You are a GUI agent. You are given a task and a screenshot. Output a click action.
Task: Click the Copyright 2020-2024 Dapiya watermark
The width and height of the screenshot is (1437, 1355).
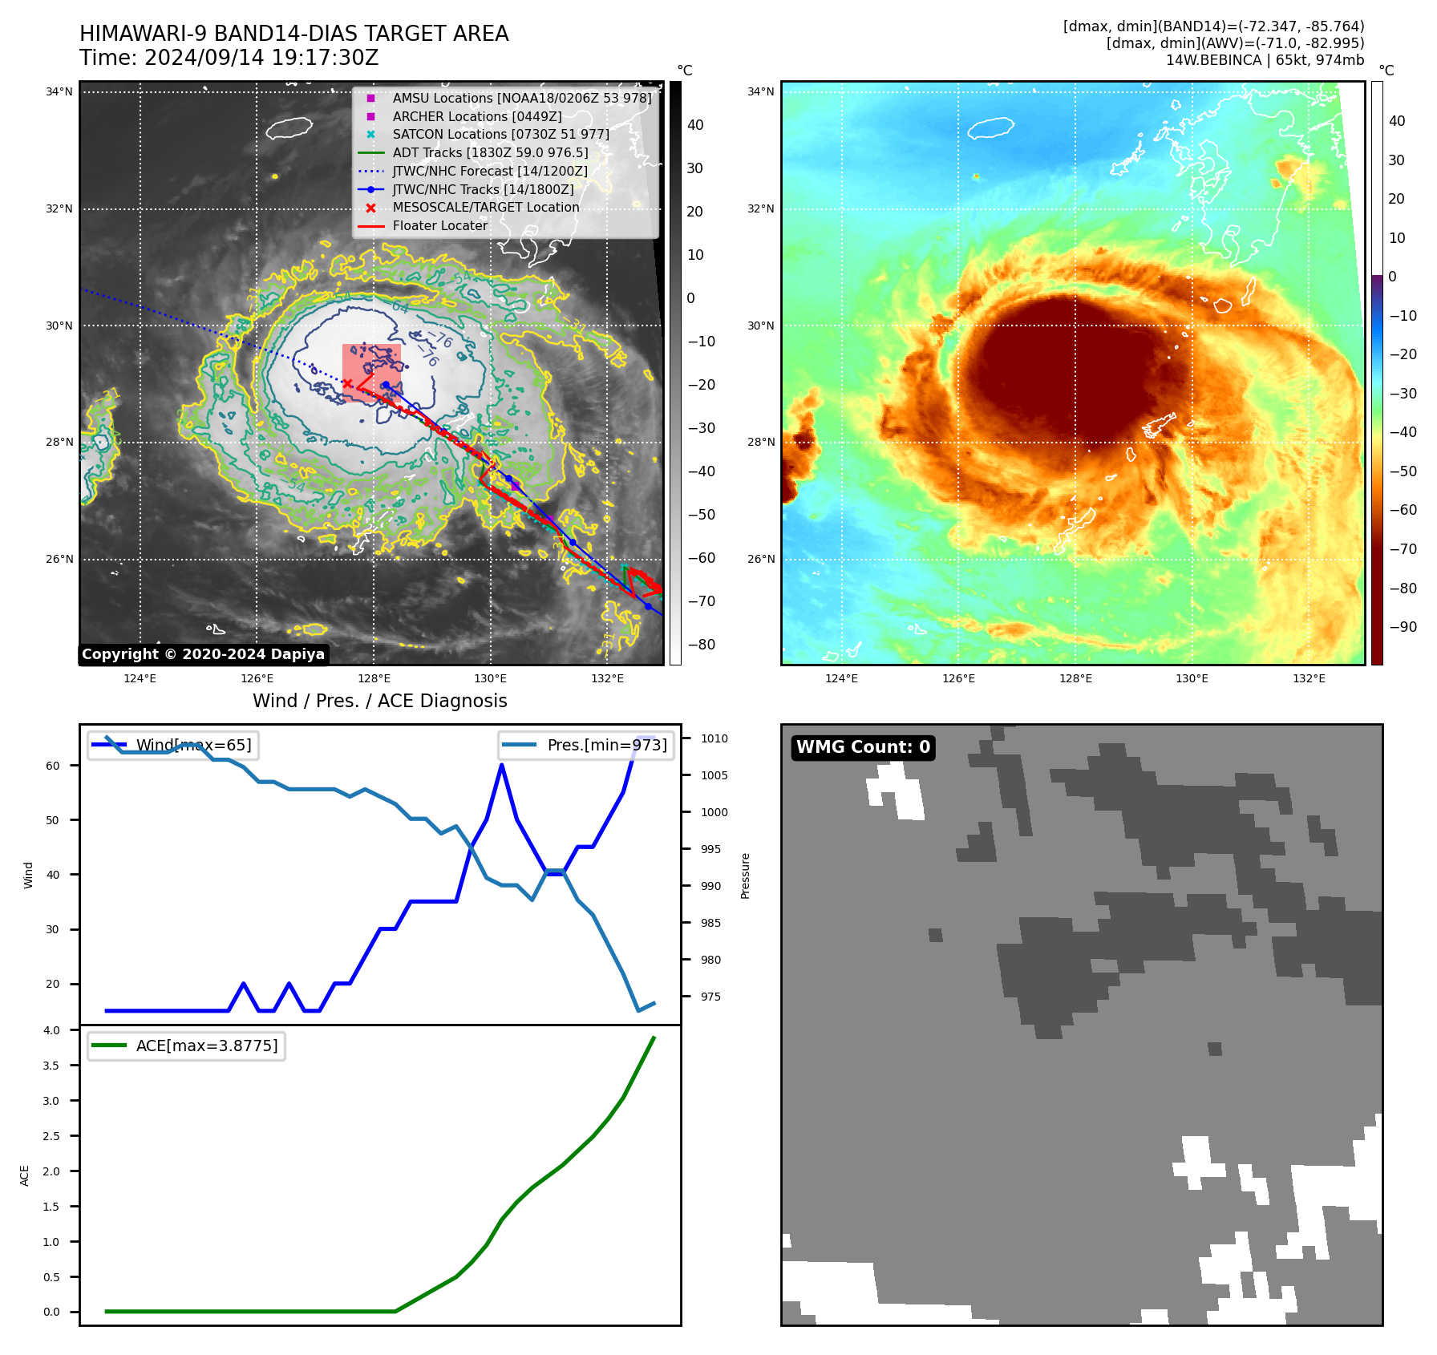click(x=203, y=654)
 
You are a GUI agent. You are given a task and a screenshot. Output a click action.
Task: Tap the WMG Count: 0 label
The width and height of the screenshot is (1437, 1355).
click(x=863, y=747)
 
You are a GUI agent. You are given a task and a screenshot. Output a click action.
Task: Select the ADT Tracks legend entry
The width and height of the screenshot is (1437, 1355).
click(x=490, y=152)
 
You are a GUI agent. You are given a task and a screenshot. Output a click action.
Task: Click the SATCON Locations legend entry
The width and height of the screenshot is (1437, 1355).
click(x=500, y=134)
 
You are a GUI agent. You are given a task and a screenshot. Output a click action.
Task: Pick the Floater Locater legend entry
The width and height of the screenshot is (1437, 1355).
click(x=439, y=225)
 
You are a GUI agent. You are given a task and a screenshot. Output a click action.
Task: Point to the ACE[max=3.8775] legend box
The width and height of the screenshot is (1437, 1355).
click(x=186, y=1046)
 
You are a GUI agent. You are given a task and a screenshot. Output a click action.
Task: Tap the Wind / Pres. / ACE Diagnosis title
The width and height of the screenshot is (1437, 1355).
click(x=379, y=701)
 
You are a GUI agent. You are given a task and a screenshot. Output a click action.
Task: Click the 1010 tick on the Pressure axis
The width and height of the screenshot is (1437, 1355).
click(x=714, y=738)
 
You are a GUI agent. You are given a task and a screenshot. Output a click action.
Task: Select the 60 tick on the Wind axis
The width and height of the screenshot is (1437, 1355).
click(x=53, y=766)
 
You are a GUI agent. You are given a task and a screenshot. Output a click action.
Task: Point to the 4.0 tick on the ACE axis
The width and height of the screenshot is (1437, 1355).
click(x=52, y=1030)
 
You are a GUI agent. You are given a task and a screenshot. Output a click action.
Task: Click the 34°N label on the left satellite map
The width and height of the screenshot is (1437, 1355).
click(x=59, y=91)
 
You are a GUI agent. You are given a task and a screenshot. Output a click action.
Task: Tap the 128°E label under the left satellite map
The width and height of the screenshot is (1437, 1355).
click(x=374, y=678)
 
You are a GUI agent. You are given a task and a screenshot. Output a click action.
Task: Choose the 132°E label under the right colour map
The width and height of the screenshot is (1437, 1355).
click(x=1309, y=678)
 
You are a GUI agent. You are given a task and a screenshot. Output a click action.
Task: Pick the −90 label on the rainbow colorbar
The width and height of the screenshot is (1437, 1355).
click(x=1403, y=627)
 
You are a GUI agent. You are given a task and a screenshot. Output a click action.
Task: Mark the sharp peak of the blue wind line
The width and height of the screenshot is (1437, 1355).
click(x=502, y=765)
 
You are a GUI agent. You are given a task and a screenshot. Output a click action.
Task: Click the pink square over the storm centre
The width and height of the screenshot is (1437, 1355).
click(x=371, y=373)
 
